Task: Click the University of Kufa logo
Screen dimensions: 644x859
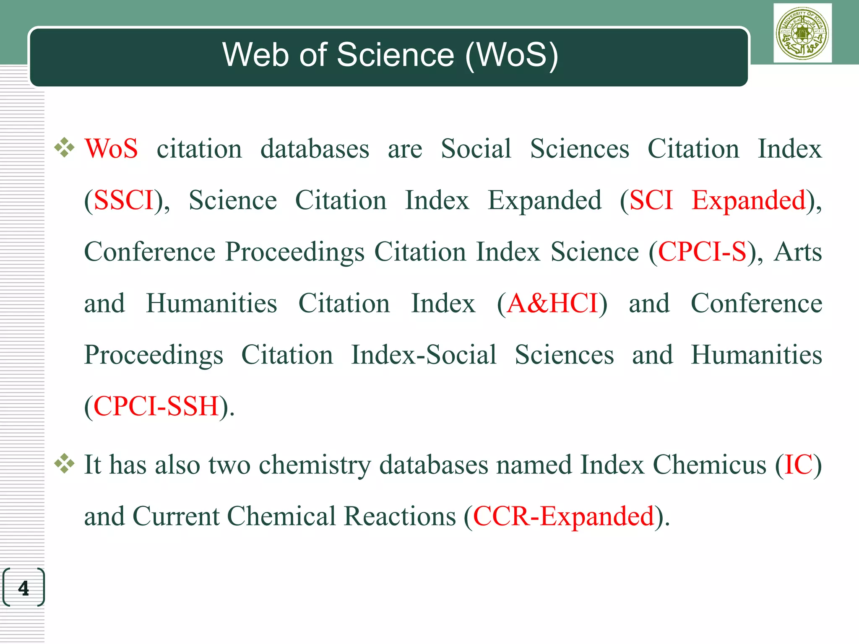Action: (x=802, y=33)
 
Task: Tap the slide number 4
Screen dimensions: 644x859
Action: (x=23, y=588)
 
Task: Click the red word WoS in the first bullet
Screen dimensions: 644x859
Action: (x=111, y=149)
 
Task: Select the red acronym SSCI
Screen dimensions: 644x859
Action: (x=124, y=200)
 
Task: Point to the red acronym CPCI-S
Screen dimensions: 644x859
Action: (x=702, y=252)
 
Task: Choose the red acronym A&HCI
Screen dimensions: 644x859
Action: (x=552, y=303)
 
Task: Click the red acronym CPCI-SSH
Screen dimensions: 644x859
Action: (x=156, y=406)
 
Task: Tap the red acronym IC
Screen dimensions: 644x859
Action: (x=798, y=465)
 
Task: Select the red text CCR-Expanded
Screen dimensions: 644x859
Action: (x=563, y=516)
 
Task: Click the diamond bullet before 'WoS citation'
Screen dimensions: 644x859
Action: (x=65, y=148)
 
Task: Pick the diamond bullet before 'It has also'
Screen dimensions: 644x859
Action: (x=65, y=464)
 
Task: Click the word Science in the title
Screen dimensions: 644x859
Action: (x=396, y=55)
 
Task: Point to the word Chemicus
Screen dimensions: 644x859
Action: (x=710, y=465)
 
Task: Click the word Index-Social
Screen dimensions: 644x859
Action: (x=424, y=355)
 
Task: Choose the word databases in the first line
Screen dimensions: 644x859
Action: (x=315, y=149)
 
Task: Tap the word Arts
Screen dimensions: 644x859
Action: (x=798, y=252)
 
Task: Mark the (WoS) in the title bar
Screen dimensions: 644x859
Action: (x=512, y=55)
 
